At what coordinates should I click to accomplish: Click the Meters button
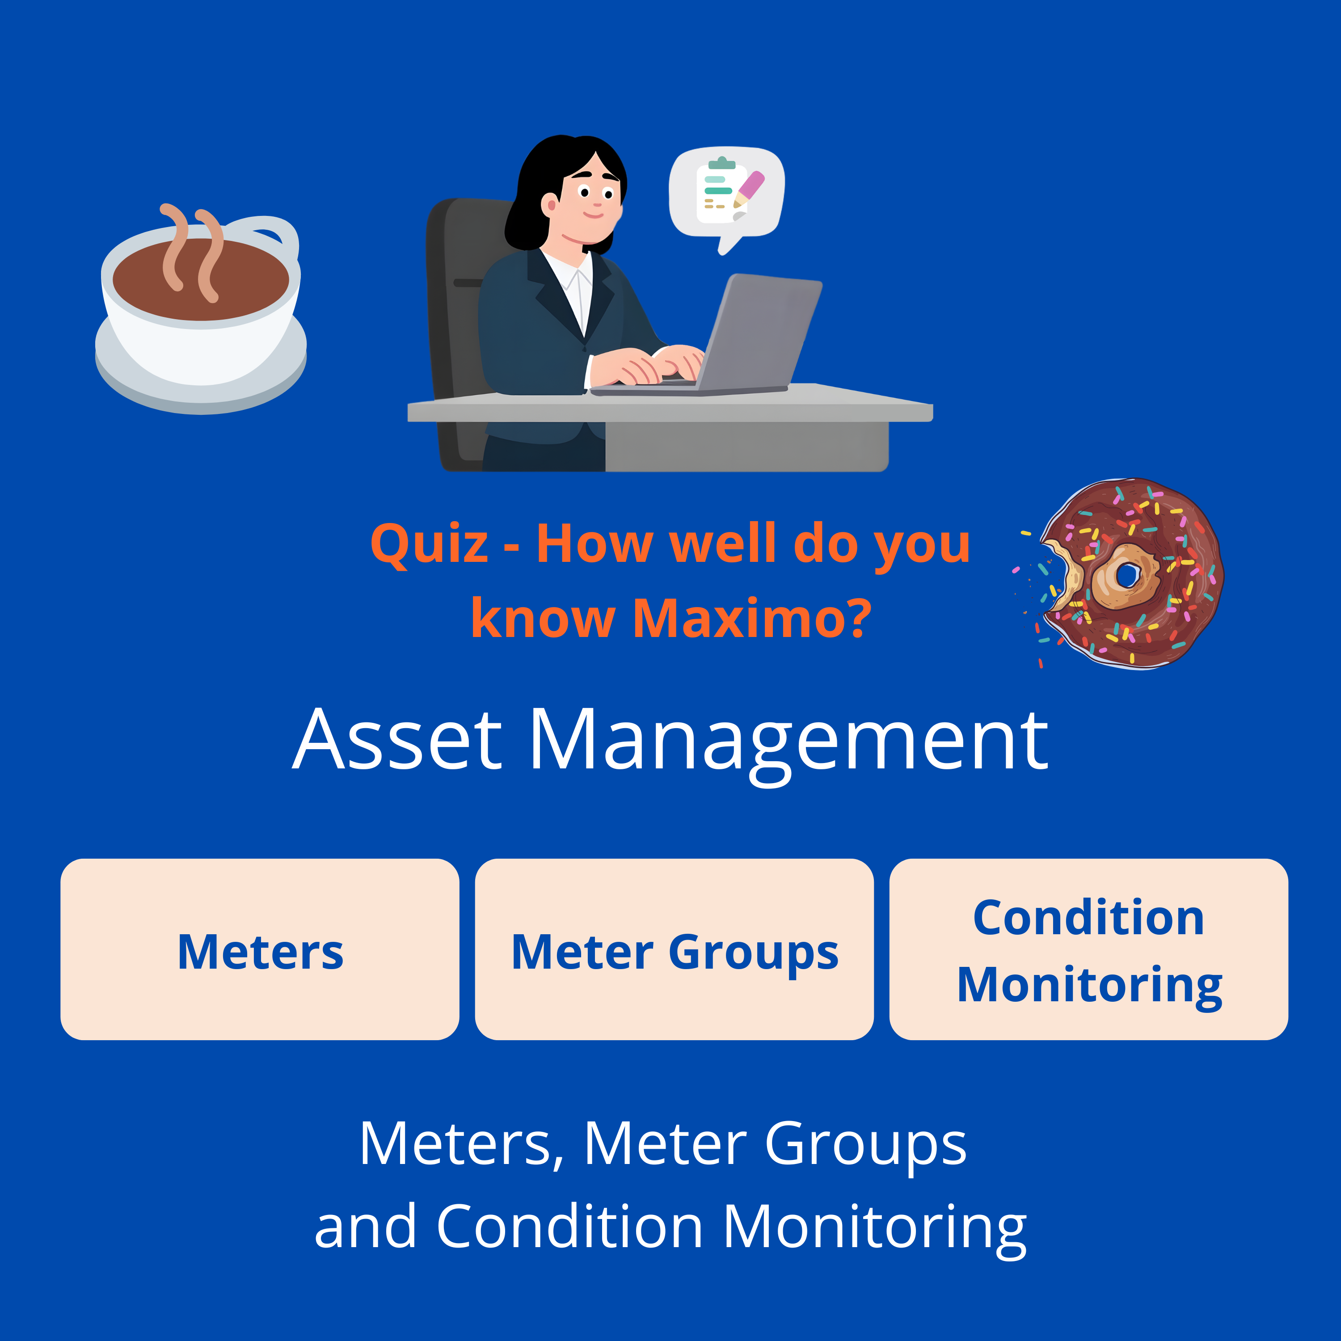(260, 949)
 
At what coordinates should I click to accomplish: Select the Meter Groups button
(674, 949)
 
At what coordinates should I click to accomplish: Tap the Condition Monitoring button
(1088, 949)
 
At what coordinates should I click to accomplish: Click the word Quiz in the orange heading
(429, 544)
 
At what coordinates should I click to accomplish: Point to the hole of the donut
(1126, 575)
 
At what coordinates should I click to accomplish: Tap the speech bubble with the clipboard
(725, 194)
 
